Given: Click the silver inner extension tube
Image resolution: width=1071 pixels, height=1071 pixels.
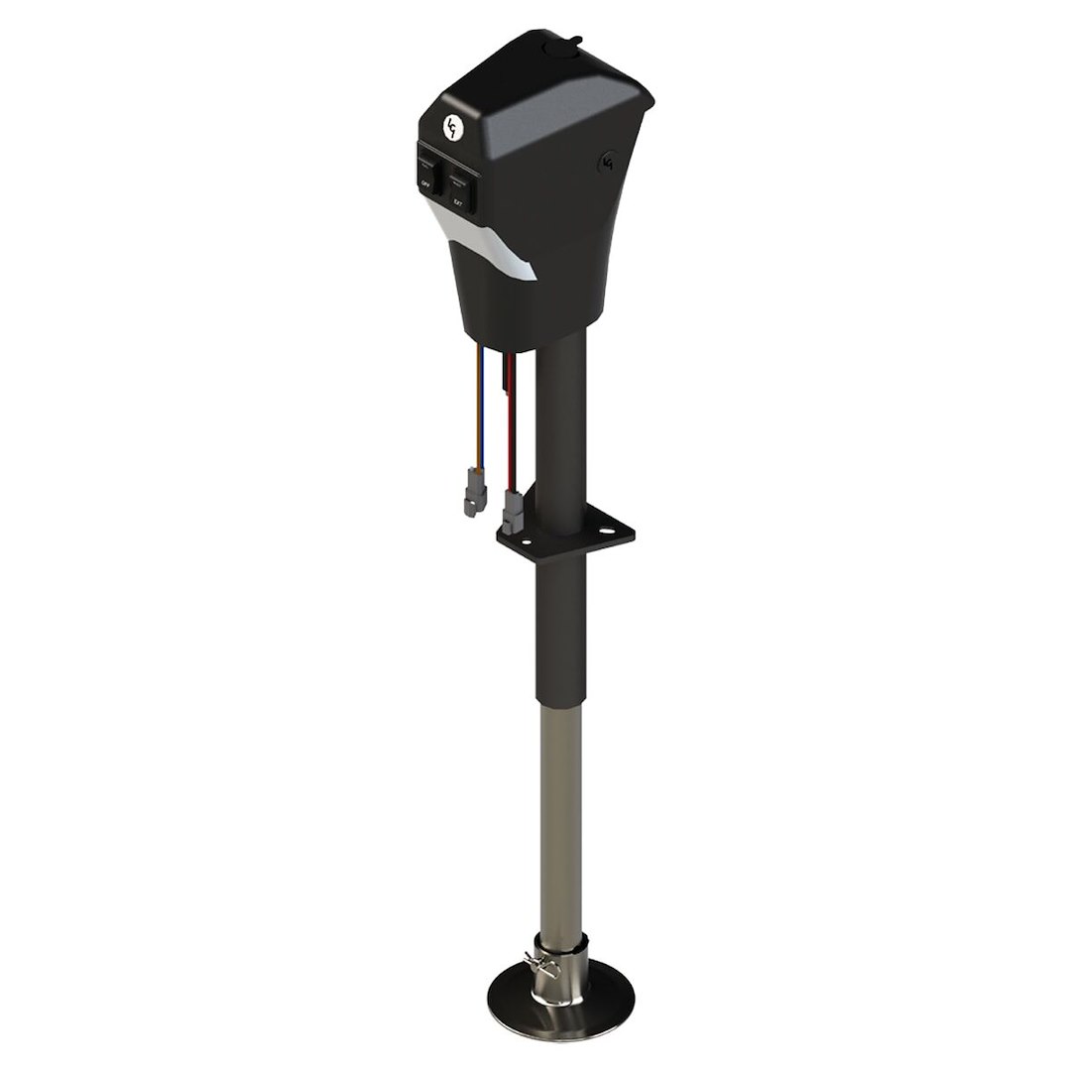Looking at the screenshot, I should point(560,813).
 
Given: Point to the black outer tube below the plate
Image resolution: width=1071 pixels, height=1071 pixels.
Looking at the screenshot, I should point(560,625).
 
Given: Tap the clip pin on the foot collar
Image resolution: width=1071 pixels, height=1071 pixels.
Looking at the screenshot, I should point(534,963).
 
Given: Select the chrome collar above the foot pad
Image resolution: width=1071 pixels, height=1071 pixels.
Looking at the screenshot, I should point(561,957).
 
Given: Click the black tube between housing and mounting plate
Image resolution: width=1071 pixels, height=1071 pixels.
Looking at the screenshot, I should point(564,416).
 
